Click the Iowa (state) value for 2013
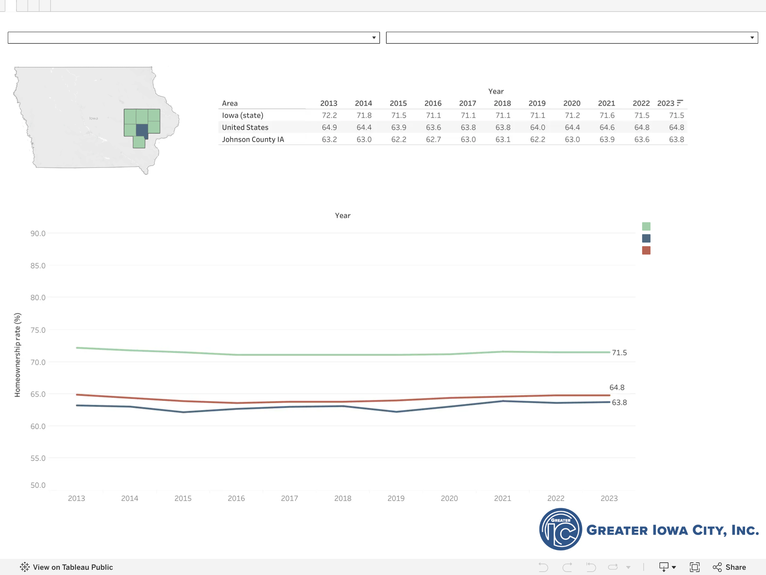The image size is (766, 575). pyautogui.click(x=329, y=115)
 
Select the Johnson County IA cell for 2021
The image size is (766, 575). pyautogui.click(x=607, y=139)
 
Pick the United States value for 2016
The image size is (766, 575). pyautogui.click(x=433, y=127)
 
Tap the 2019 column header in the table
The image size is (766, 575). pyautogui.click(x=537, y=103)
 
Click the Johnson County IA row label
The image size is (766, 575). pyautogui.click(x=253, y=139)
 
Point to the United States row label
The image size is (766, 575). pyautogui.click(x=245, y=127)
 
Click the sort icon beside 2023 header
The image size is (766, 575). pyautogui.click(x=680, y=103)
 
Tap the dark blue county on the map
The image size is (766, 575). pyautogui.click(x=142, y=131)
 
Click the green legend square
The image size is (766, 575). pyautogui.click(x=646, y=226)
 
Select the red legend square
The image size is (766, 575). pyautogui.click(x=646, y=250)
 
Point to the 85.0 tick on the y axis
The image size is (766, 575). pyautogui.click(x=38, y=266)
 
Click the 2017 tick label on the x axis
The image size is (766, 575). pyautogui.click(x=289, y=498)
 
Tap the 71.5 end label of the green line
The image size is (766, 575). pyautogui.click(x=619, y=353)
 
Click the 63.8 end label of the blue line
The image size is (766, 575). pyautogui.click(x=619, y=402)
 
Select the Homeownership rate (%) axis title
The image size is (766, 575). pyautogui.click(x=17, y=355)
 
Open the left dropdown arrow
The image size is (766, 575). pyautogui.click(x=374, y=38)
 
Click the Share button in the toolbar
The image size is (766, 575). pyautogui.click(x=729, y=567)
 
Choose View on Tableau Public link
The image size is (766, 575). pyautogui.click(x=66, y=567)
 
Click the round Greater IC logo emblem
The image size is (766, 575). pyautogui.click(x=560, y=529)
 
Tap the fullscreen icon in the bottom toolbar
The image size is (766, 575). pyautogui.click(x=694, y=567)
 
